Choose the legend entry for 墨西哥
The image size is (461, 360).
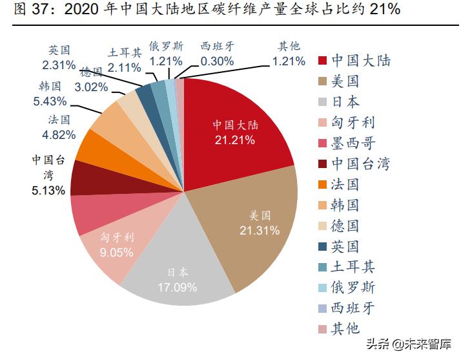(x=353, y=143)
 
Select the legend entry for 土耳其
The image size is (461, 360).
(x=353, y=266)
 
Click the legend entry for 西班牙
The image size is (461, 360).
(x=353, y=308)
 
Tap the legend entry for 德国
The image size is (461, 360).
(x=345, y=225)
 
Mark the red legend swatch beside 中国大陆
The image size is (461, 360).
(x=323, y=61)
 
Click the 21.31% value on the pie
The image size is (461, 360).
(x=259, y=230)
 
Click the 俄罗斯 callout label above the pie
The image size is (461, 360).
(x=166, y=46)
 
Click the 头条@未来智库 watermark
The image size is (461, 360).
(x=410, y=343)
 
